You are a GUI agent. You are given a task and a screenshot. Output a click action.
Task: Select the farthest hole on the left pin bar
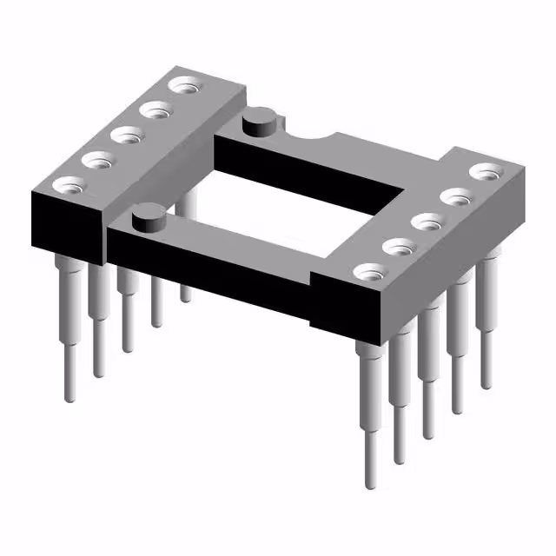pyautogui.click(x=185, y=86)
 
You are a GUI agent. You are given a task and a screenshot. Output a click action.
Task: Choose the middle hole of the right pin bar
pyautogui.click(x=426, y=222)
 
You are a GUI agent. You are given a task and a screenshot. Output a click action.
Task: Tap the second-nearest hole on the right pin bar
pyautogui.click(x=399, y=248)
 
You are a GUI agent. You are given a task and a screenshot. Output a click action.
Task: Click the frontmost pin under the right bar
pyautogui.click(x=368, y=417)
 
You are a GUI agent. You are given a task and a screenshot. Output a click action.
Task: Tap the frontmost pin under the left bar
pyautogui.click(x=70, y=330)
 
